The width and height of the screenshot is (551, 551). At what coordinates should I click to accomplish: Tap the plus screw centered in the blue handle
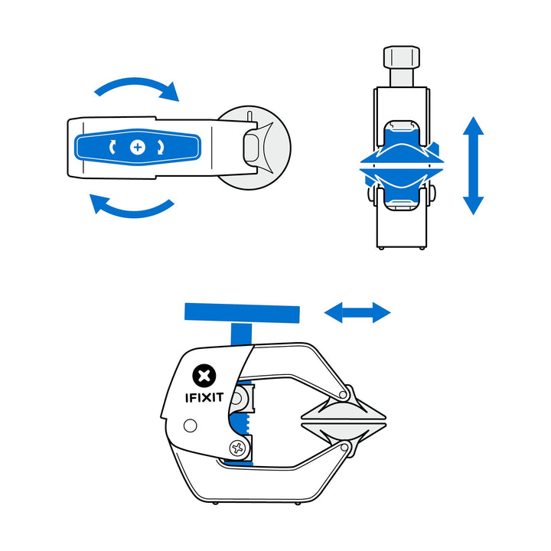138,147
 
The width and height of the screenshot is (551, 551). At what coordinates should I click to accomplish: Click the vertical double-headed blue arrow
473,165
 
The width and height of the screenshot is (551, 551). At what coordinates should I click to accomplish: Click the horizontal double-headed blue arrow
357,312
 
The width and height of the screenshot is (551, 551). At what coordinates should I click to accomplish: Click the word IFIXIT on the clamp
204,398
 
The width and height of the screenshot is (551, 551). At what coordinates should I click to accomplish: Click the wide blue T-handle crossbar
242,312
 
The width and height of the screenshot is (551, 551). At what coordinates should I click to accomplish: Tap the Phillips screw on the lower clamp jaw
240,448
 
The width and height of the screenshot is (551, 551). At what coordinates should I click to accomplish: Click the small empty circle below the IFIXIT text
191,425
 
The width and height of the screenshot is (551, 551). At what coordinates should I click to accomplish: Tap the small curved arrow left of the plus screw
115,147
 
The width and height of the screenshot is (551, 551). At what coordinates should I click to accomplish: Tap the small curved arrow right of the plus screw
161,147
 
